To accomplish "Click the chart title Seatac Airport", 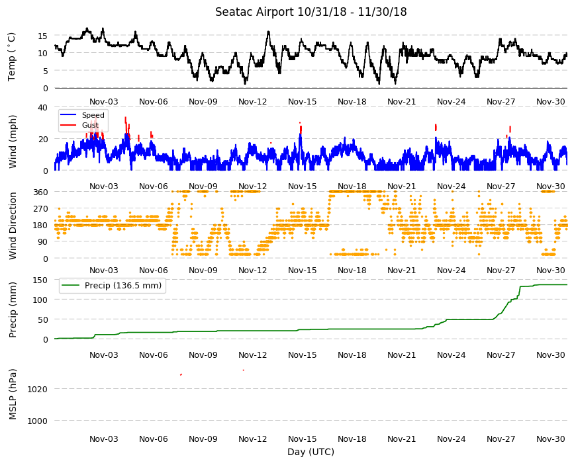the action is point(255,12).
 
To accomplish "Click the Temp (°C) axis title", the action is point(12,57).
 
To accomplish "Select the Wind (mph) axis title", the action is point(13,142).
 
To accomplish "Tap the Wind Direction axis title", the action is point(13,226).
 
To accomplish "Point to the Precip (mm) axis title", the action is point(13,310).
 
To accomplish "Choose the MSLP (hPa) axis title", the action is point(13,394).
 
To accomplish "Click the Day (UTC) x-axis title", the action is point(311,452).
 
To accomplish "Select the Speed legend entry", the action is point(93,115).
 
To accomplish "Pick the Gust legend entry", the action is point(90,125).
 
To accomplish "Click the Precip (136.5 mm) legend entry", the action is point(123,286).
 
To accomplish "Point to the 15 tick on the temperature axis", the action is point(42,36).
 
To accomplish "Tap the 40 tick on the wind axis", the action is point(42,108).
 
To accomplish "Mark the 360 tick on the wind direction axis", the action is point(41,192).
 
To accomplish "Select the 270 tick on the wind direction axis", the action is point(41,209).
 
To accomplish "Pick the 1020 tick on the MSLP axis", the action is point(38,390).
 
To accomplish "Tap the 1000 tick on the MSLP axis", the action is point(38,421).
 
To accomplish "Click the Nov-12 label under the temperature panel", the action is point(253,102).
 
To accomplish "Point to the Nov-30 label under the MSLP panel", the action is point(551,439).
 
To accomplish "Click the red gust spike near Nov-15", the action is point(301,129).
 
